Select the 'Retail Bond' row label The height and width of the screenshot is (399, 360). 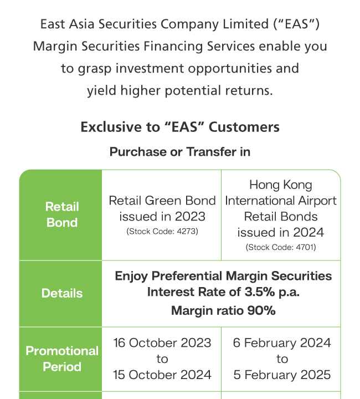62,214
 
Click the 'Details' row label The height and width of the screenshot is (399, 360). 62,293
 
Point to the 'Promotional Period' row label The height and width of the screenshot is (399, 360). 62,359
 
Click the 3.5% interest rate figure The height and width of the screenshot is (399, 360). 260,292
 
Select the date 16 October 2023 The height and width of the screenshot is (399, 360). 162,343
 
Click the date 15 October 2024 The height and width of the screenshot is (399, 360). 162,375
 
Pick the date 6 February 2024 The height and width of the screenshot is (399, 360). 282,343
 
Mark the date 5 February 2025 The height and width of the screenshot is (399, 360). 282,375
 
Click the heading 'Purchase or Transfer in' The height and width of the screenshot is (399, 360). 180,152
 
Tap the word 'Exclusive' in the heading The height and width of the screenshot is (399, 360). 112,127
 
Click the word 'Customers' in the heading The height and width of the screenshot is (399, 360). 244,127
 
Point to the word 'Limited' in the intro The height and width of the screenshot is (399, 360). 245,24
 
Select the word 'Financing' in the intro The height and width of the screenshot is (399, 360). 173,47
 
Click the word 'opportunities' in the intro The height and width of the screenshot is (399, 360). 230,69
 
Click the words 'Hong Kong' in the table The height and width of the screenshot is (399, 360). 281,185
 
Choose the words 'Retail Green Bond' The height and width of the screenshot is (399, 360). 162,201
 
